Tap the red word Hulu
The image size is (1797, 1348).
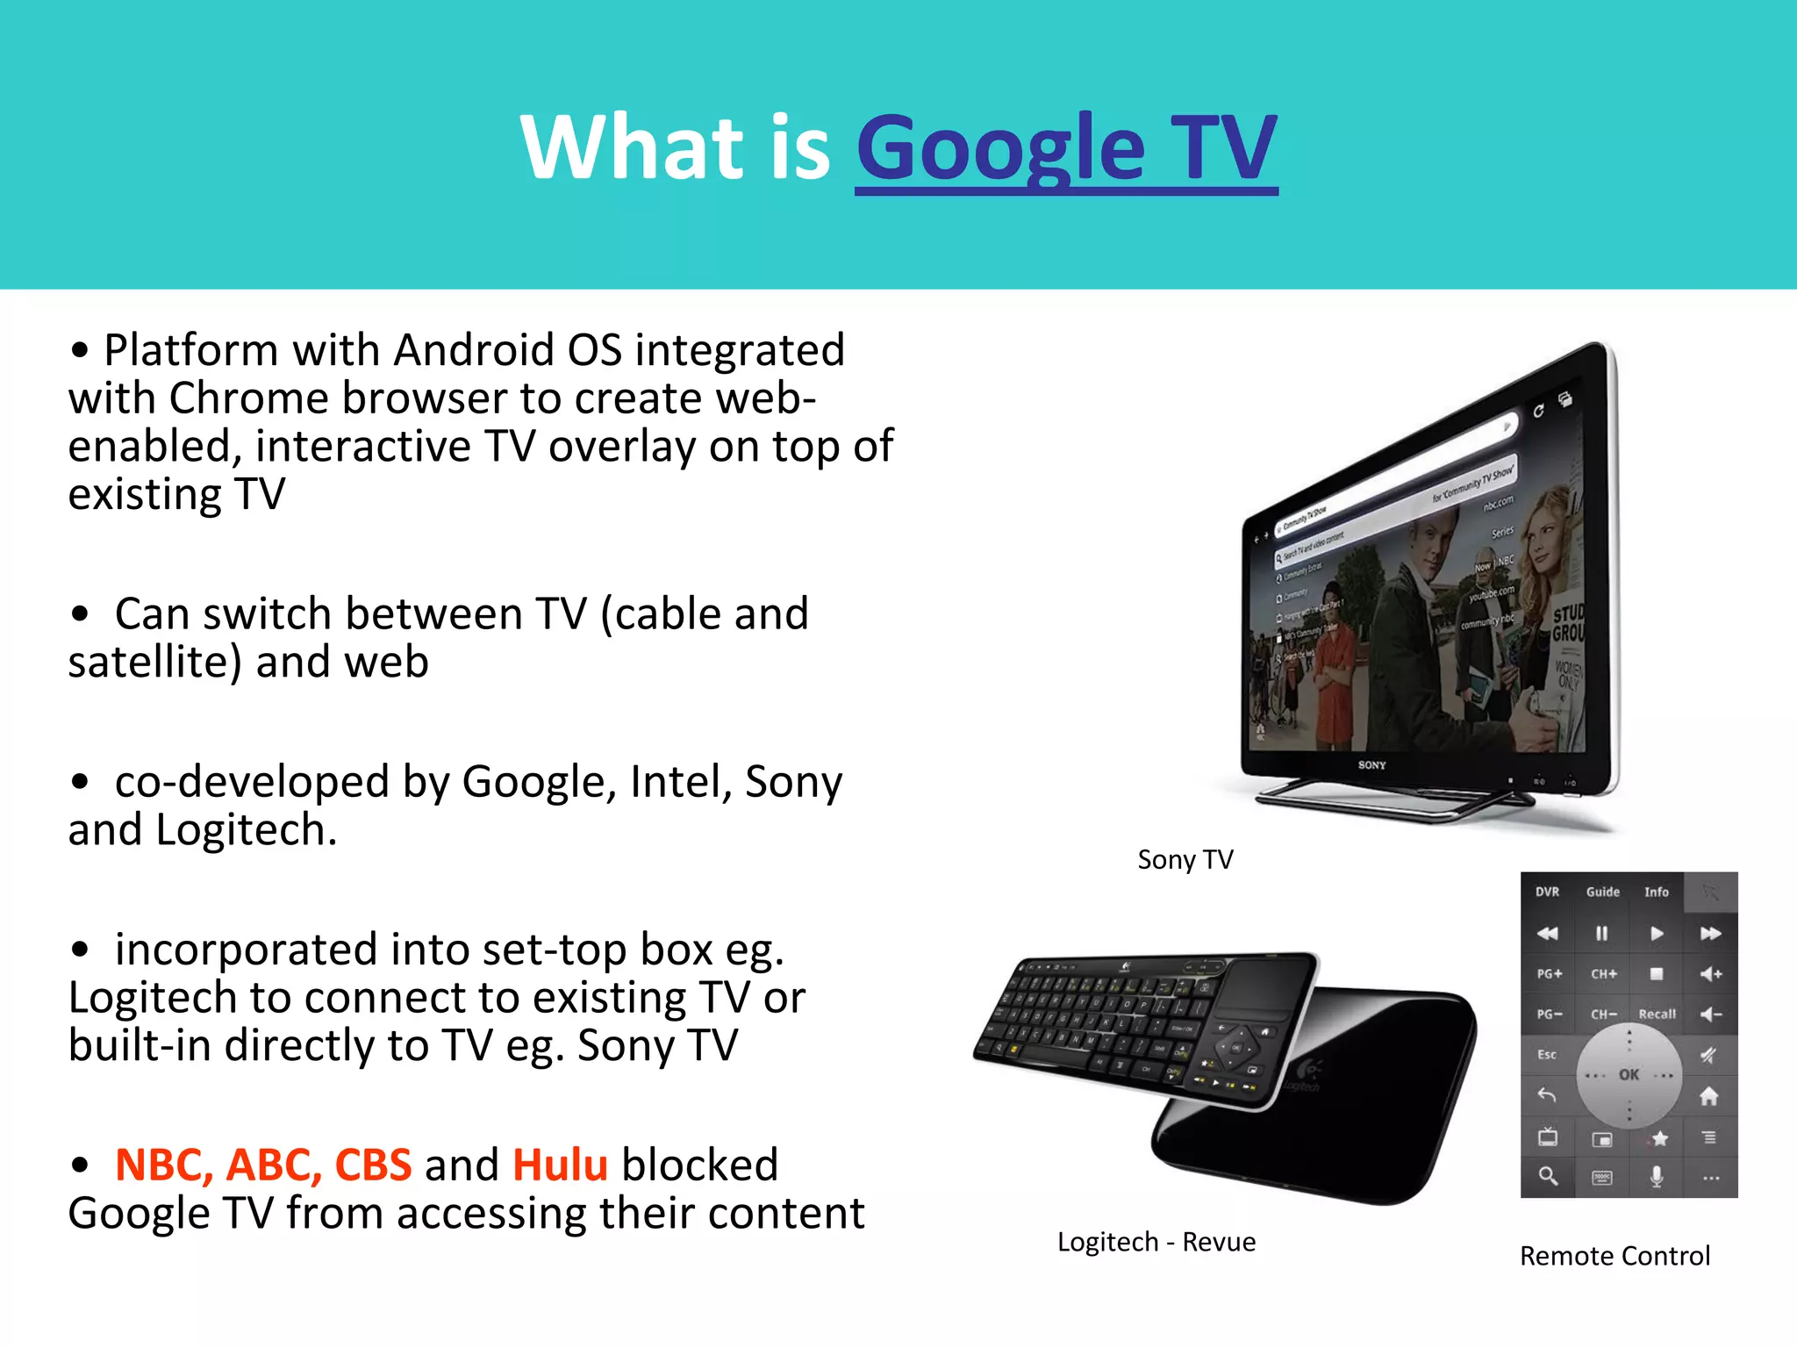click(x=560, y=1165)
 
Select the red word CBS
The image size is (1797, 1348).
click(x=373, y=1165)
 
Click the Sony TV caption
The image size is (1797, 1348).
click(x=1185, y=859)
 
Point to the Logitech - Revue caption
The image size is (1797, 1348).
click(x=1156, y=1242)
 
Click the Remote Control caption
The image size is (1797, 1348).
click(x=1614, y=1256)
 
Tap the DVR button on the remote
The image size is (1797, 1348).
click(x=1547, y=892)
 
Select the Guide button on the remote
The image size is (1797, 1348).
click(x=1602, y=892)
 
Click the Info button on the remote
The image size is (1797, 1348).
click(x=1656, y=892)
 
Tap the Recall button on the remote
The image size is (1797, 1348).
click(x=1657, y=1015)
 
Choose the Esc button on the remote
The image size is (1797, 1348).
click(x=1547, y=1055)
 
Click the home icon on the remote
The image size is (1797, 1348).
click(x=1708, y=1096)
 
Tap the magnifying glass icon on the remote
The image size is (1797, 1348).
click(x=1548, y=1176)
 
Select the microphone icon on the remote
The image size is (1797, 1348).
click(x=1656, y=1176)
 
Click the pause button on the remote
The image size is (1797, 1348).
click(x=1601, y=933)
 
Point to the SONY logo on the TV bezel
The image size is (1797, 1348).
click(x=1371, y=765)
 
